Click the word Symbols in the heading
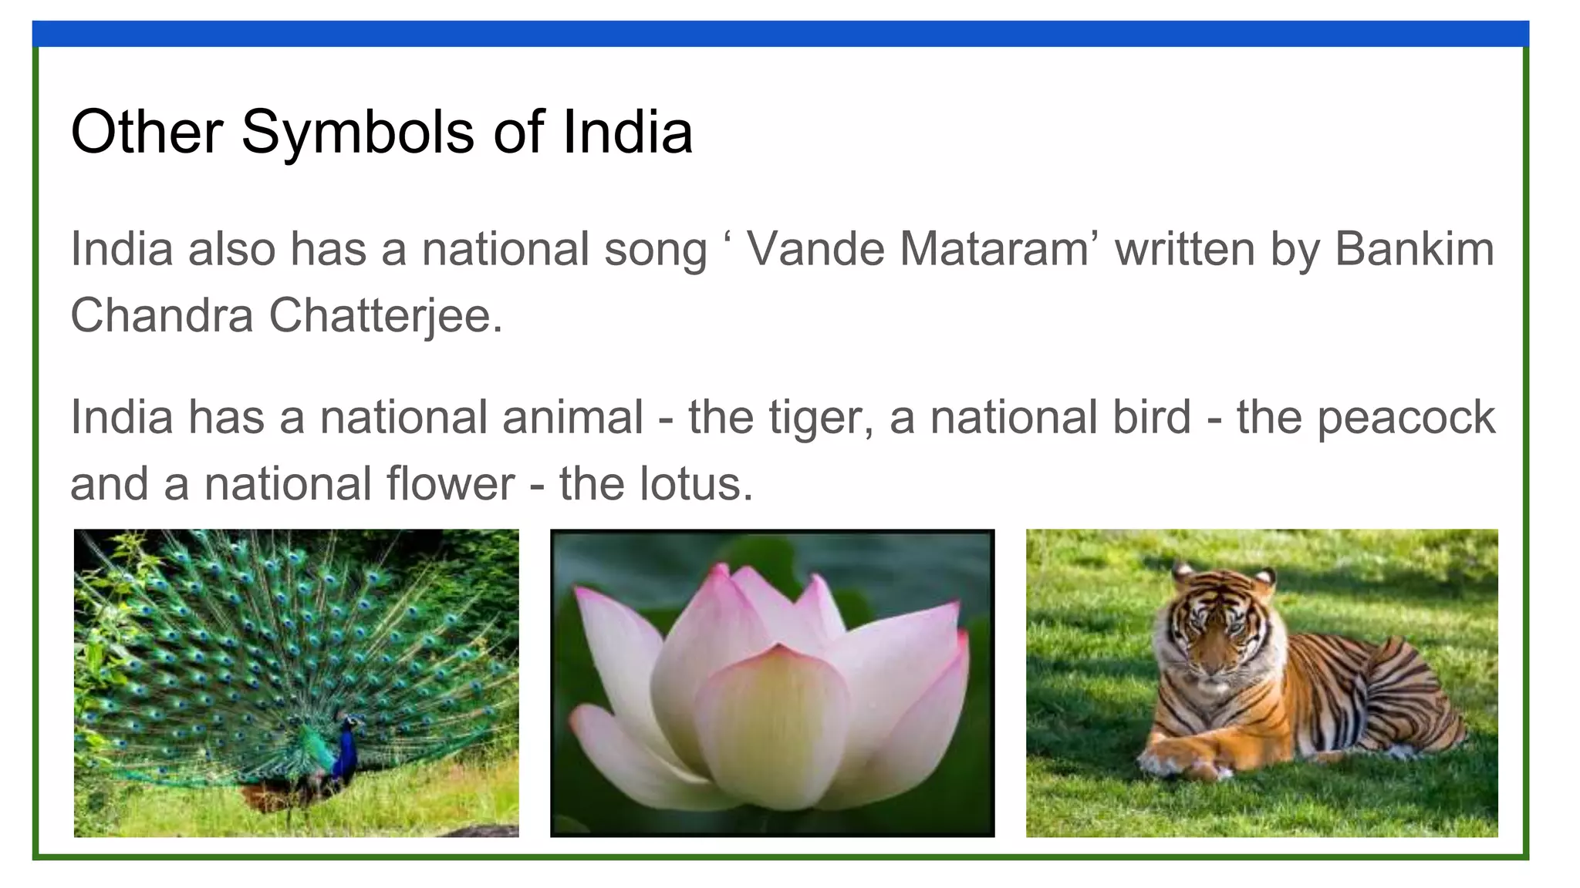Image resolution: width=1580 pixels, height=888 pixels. pyautogui.click(x=358, y=132)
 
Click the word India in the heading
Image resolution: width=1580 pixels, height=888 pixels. pyautogui.click(x=626, y=132)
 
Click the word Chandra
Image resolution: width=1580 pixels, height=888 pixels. pyautogui.click(x=162, y=315)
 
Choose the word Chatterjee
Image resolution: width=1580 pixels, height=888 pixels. pyautogui.click(x=385, y=315)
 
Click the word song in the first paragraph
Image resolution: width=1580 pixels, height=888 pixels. pyautogui.click(x=655, y=249)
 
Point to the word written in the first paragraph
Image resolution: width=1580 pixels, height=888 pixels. pyautogui.click(x=1184, y=249)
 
